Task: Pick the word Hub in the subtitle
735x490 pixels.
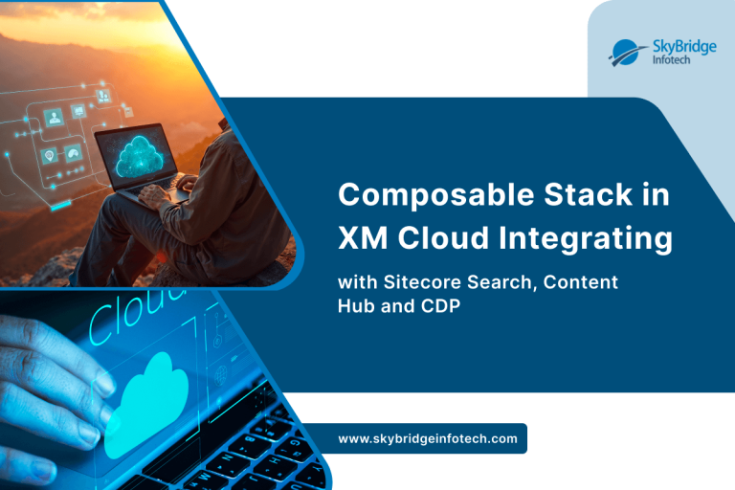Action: click(356, 306)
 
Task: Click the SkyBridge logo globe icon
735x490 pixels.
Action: click(624, 54)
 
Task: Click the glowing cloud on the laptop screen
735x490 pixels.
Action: click(140, 154)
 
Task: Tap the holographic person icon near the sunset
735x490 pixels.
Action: click(54, 117)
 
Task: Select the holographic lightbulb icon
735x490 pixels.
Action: click(48, 155)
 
